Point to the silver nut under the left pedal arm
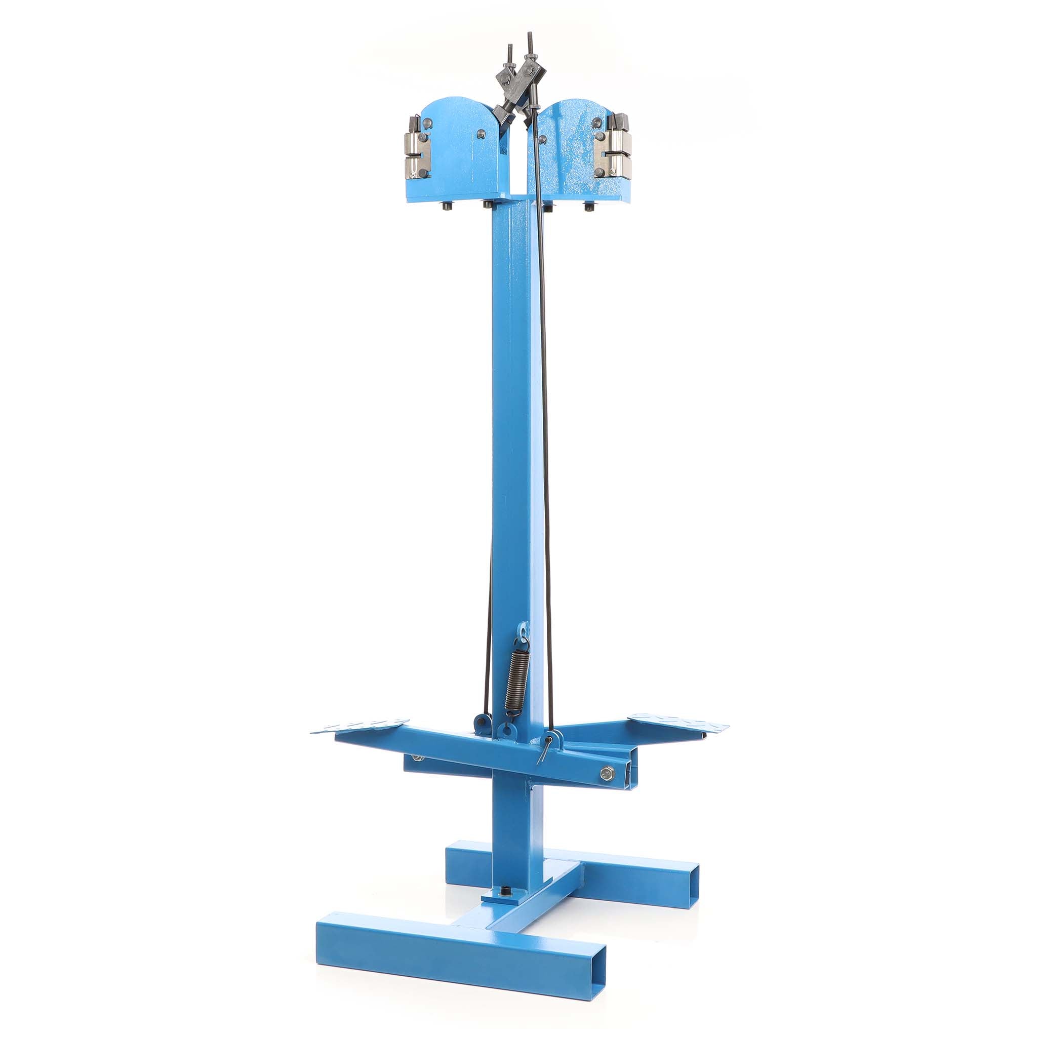(x=416, y=757)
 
